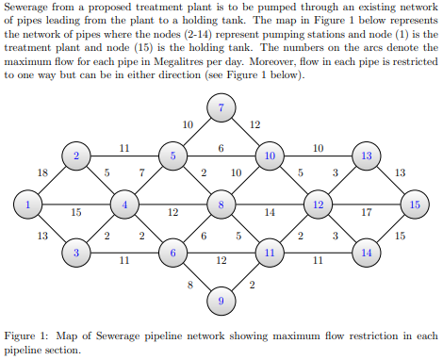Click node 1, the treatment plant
28,203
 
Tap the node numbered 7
221,108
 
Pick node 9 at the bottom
221,301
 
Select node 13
367,155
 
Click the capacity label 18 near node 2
41,172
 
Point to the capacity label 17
367,212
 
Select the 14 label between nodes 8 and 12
270,212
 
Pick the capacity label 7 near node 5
141,172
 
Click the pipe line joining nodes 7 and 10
247,133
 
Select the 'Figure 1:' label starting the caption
27,335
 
